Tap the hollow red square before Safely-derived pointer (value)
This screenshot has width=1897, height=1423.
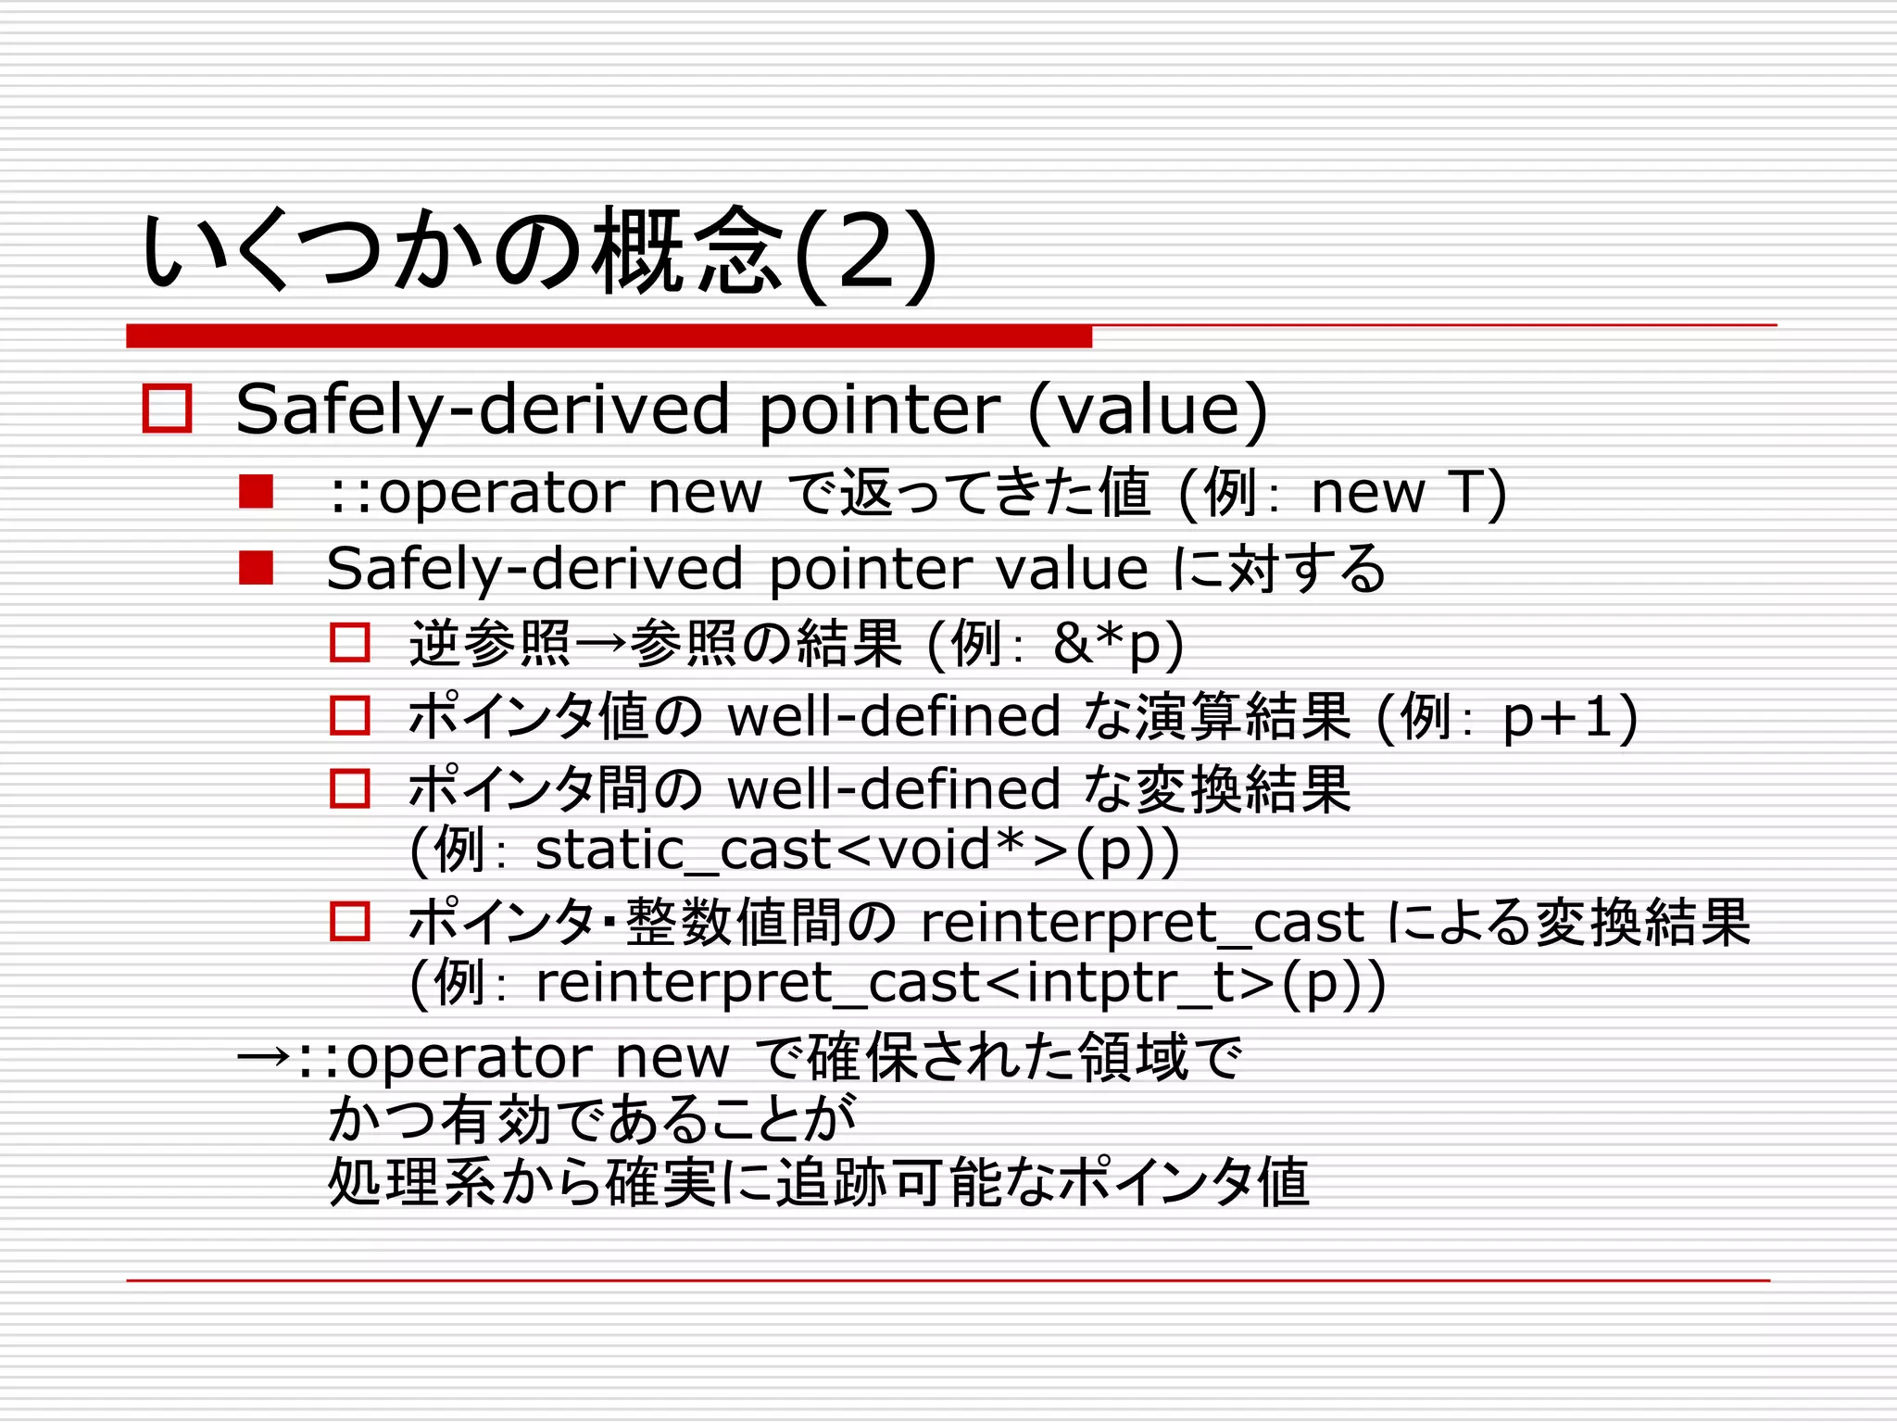[x=167, y=409]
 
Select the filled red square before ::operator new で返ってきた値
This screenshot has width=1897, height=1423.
[x=256, y=492]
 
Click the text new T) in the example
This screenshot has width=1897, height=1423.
[x=1408, y=492]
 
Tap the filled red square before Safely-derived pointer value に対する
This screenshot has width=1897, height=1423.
[x=256, y=568]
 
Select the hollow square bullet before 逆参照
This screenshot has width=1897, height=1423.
[x=350, y=642]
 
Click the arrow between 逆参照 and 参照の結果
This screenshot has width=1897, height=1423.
[x=599, y=643]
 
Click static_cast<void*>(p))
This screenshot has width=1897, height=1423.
[x=857, y=850]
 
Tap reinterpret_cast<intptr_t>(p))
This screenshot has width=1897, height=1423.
[x=960, y=983]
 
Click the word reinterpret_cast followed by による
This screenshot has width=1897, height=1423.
[x=1141, y=923]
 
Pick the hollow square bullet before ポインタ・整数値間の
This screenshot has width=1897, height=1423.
[x=350, y=922]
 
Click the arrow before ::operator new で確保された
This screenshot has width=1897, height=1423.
[x=264, y=1057]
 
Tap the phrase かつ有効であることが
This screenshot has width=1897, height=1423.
[x=592, y=1119]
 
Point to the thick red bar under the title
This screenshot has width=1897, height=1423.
[x=609, y=336]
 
